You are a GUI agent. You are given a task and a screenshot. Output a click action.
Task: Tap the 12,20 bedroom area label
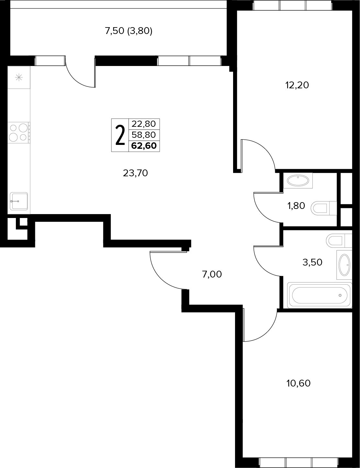coord(297,85)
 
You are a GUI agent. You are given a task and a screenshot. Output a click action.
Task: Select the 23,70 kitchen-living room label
coord(135,173)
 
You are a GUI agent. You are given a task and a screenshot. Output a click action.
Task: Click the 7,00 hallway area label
coord(212,274)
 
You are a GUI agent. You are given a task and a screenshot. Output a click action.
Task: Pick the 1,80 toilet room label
coord(296,206)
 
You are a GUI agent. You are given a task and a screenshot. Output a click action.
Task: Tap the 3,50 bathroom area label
coord(312,262)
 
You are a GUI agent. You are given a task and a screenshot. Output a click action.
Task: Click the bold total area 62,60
coord(144,146)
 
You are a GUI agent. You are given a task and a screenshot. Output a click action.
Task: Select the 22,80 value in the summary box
coord(143,124)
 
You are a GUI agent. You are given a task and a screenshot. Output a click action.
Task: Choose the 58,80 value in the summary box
coord(143,135)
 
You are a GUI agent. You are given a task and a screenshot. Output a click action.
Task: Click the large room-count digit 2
coord(120,135)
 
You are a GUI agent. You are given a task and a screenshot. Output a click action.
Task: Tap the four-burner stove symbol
coord(19,133)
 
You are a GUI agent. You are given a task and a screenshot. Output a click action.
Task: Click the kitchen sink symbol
coord(19,201)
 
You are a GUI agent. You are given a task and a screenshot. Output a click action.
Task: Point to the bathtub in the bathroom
coord(320,295)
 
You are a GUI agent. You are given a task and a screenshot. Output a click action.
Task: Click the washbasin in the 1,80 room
coord(298,180)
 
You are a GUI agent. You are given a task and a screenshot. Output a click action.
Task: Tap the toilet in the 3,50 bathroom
coord(339,240)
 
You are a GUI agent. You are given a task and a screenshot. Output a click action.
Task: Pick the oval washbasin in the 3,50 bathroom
coord(344,265)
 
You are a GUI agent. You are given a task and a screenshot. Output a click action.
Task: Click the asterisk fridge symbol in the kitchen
coord(19,77)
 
